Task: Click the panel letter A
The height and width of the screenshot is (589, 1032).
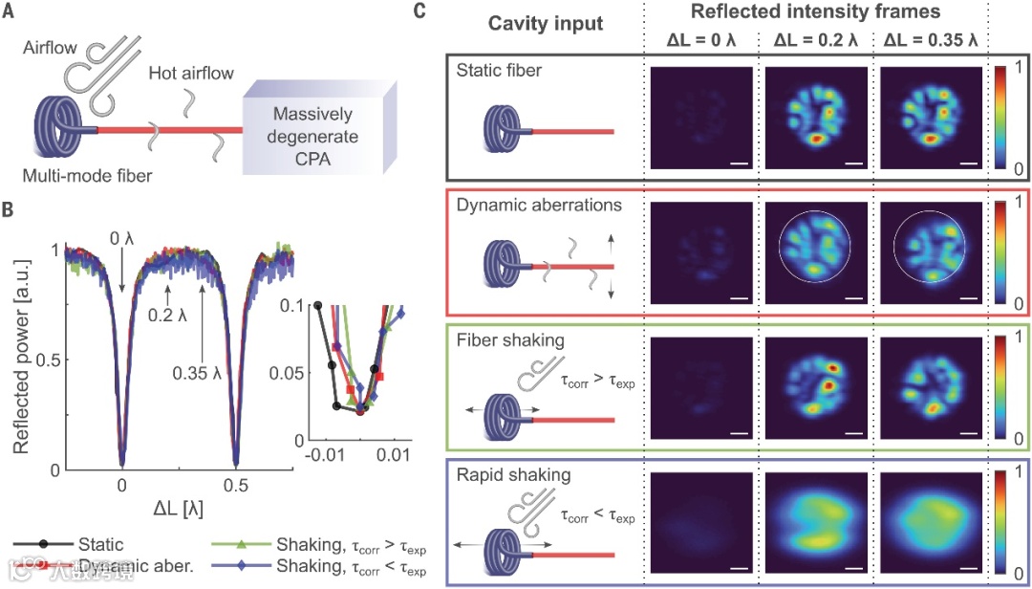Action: point(12,12)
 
